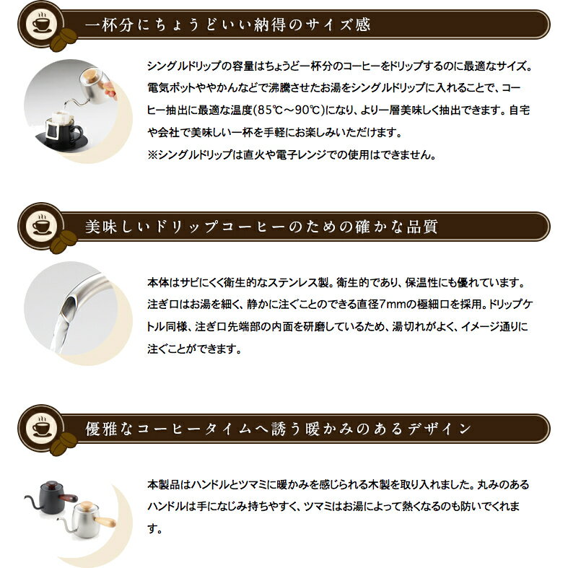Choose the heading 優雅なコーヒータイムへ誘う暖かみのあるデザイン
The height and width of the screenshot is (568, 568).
279,429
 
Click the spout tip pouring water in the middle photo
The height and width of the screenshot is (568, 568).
68,296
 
